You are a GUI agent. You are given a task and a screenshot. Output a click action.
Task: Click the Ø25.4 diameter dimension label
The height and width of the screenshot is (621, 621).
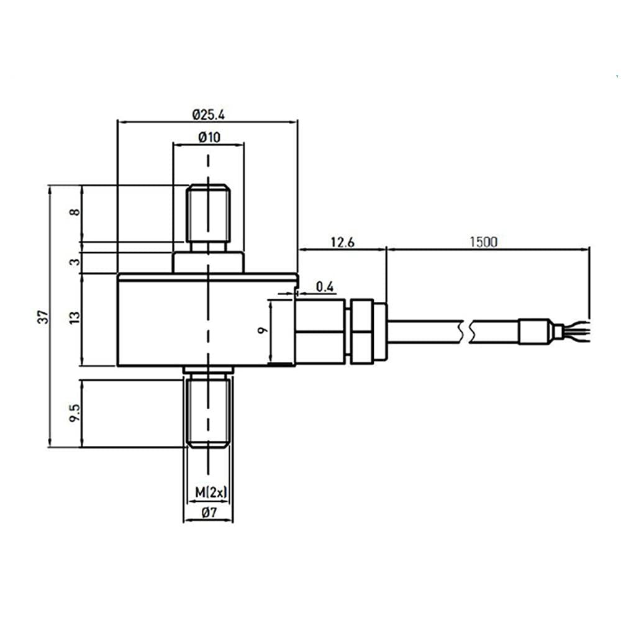tap(208, 115)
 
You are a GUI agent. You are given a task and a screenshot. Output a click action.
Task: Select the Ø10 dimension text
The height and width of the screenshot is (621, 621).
tap(209, 138)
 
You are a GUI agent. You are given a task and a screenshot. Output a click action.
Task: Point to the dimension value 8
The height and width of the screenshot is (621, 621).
tap(75, 212)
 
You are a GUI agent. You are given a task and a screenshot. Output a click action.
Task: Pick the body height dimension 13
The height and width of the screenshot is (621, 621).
tap(75, 318)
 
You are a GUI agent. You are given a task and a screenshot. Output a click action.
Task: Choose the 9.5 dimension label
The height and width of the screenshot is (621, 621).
tap(75, 412)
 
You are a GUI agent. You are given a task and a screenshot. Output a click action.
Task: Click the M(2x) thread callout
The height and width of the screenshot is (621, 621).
tap(211, 492)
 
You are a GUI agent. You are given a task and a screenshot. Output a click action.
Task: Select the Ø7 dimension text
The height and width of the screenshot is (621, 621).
tap(209, 513)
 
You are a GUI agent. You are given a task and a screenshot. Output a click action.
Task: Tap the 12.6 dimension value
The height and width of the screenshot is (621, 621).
tap(342, 243)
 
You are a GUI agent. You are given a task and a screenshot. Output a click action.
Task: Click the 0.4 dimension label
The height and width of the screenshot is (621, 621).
tap(325, 286)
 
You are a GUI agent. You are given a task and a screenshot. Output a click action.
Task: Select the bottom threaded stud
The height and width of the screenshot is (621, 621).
tap(208, 410)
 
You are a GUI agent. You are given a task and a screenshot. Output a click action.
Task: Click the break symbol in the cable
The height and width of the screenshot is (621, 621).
tap(468, 331)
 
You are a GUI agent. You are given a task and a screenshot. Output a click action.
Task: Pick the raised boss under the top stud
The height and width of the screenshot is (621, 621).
tap(208, 262)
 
